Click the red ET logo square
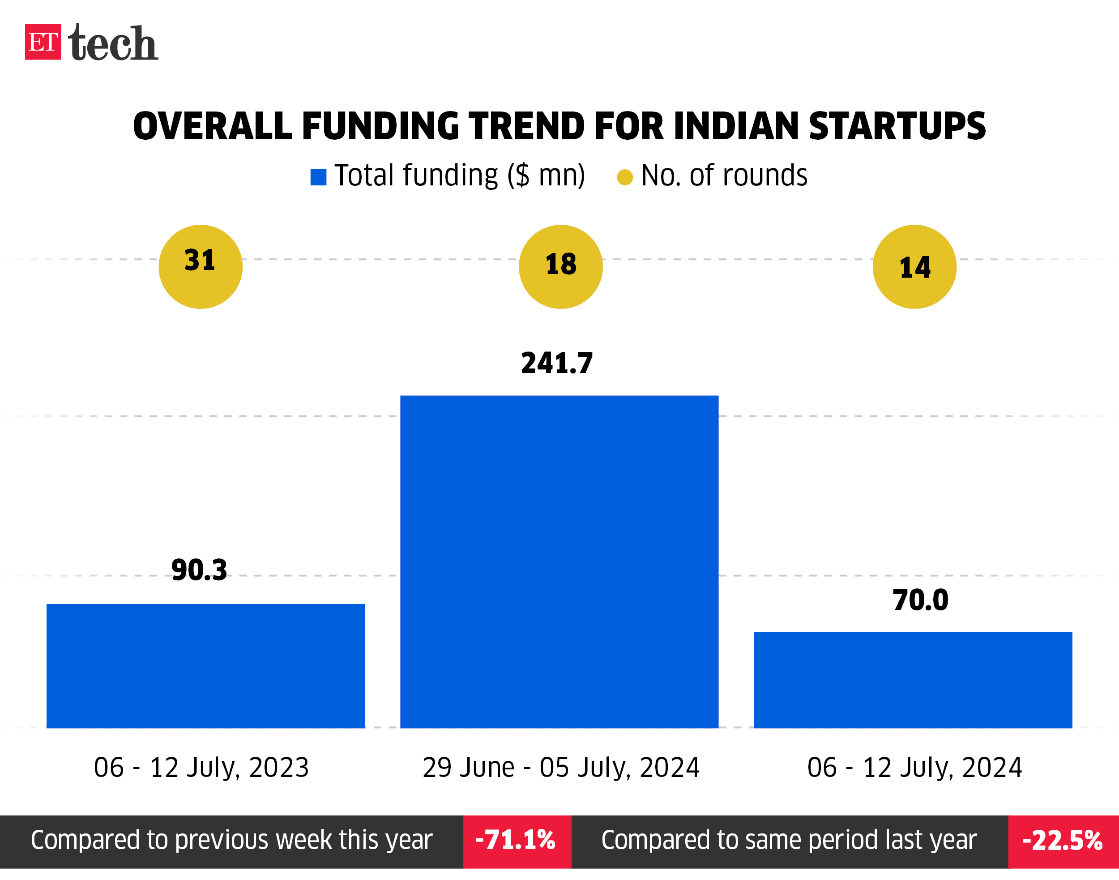coord(43,42)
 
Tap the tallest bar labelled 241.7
coord(559,562)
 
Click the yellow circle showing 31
coord(201,267)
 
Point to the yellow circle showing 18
coord(561,267)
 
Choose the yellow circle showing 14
coord(914,267)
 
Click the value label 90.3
coord(199,571)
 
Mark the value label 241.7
coord(557,363)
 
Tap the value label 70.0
coord(920,600)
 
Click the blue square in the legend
coord(318,177)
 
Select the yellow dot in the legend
coord(625,177)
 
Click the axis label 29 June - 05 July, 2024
coord(561,768)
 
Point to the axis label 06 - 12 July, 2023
coord(201,768)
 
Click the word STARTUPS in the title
coord(897,126)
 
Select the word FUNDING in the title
coord(380,126)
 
